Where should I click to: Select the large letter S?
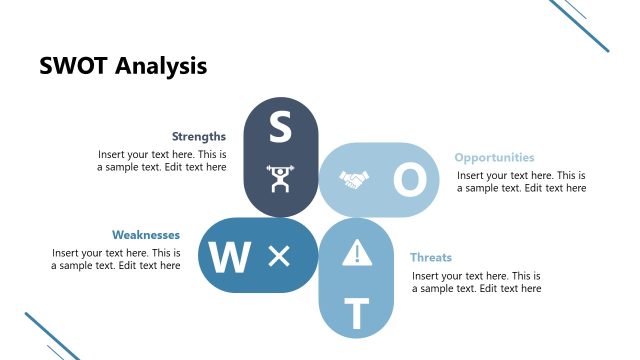pos(280,128)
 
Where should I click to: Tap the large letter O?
pos(408,180)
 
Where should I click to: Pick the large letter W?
pos(229,257)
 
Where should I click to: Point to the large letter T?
pos(356,314)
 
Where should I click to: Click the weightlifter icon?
pos(280,179)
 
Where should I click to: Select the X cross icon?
pos(279,257)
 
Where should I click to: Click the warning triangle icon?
pos(356,255)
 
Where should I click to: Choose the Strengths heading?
pos(198,137)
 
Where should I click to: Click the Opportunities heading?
pos(494,158)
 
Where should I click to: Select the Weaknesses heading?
pos(146,235)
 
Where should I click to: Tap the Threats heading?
pos(431,258)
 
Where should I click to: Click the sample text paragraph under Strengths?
pos(162,161)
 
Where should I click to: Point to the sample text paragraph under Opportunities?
pos(521,181)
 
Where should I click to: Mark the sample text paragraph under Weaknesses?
pos(116,259)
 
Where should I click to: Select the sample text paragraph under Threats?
pos(476,282)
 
